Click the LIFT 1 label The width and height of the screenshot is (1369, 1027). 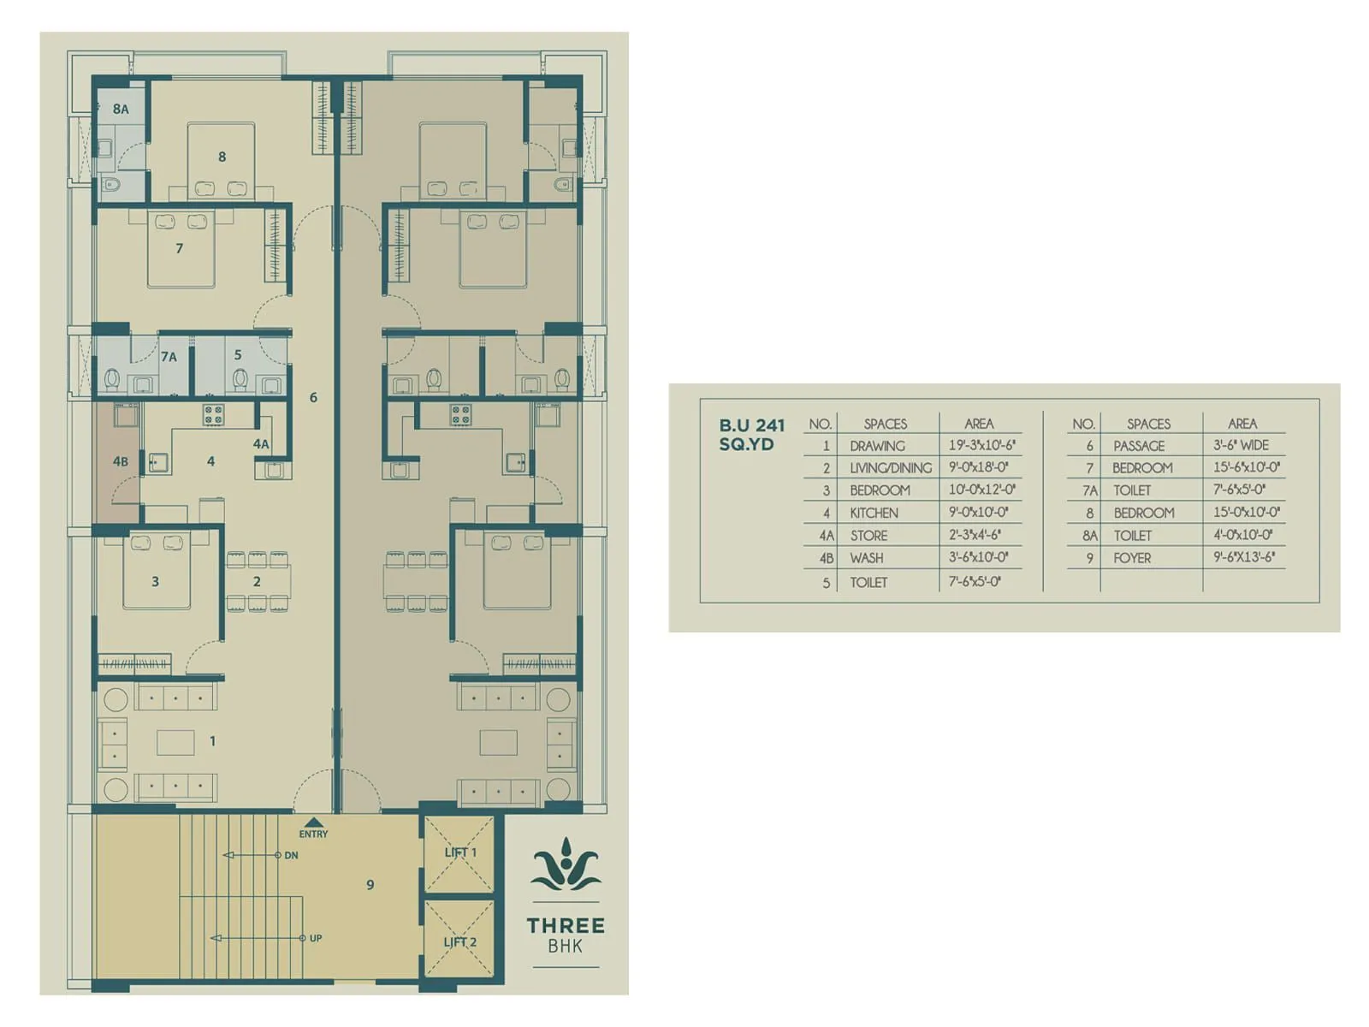pyautogui.click(x=460, y=852)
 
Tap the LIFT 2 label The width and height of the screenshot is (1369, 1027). pyautogui.click(x=460, y=942)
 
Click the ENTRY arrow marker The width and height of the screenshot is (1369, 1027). pyautogui.click(x=314, y=822)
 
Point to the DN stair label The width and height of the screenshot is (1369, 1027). pyautogui.click(x=291, y=855)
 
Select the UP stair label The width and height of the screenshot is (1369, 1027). pyautogui.click(x=315, y=938)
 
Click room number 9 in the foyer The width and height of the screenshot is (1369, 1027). pyautogui.click(x=370, y=885)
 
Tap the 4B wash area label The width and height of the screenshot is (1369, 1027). pyautogui.click(x=120, y=461)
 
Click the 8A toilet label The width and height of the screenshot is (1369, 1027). pyautogui.click(x=120, y=110)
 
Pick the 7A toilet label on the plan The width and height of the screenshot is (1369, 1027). pyautogui.click(x=169, y=357)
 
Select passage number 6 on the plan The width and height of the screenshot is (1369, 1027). pyautogui.click(x=313, y=397)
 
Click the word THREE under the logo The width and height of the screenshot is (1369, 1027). pyautogui.click(x=566, y=925)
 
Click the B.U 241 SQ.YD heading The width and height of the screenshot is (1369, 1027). pyautogui.click(x=751, y=434)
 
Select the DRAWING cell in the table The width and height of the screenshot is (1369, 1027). pyautogui.click(x=877, y=446)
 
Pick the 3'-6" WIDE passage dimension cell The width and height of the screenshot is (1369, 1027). pyautogui.click(x=1241, y=445)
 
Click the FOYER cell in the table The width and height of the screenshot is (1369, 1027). pyautogui.click(x=1132, y=558)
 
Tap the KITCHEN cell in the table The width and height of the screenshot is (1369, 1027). pyautogui.click(x=874, y=513)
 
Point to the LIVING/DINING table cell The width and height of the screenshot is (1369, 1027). pyautogui.click(x=890, y=468)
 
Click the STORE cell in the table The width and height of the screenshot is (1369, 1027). pyautogui.click(x=868, y=536)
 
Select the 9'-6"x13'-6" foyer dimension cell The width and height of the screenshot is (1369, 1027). pyautogui.click(x=1243, y=557)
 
